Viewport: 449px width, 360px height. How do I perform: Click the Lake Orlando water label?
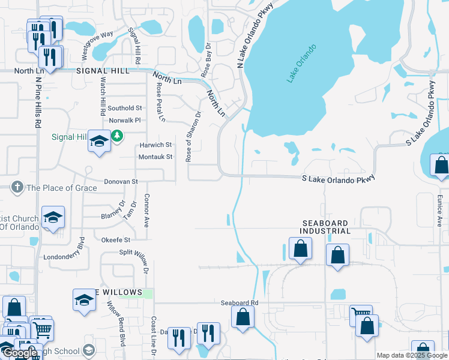point(301,64)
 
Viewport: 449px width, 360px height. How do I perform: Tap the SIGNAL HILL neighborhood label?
point(103,70)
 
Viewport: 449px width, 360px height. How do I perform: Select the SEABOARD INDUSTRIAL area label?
point(325,227)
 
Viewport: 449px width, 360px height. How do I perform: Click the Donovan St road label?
point(121,181)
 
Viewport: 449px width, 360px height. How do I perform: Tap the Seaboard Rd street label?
point(239,303)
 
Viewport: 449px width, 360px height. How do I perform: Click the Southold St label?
point(124,109)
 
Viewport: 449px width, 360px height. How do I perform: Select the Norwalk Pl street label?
point(125,120)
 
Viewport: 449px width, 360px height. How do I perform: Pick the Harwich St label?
point(155,145)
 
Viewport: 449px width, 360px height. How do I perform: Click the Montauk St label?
point(155,157)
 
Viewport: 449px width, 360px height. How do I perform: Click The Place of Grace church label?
point(61,188)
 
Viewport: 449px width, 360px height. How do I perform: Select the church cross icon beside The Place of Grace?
point(17,188)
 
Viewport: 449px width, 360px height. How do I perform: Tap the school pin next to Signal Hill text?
point(99,142)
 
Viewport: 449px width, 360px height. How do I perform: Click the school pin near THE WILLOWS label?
point(84,300)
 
